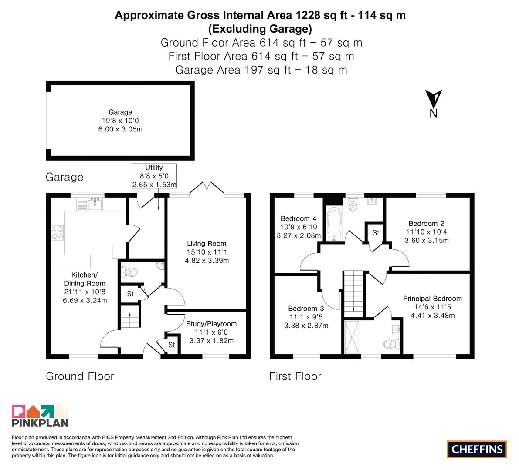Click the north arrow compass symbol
(x=433, y=104)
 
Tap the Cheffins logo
(x=477, y=449)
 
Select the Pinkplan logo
(x=40, y=416)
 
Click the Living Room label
(x=207, y=244)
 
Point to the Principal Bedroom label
(x=432, y=299)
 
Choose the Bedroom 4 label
(x=298, y=218)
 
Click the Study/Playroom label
(x=211, y=324)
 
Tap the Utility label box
(x=154, y=176)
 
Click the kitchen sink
(x=95, y=204)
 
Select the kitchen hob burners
(x=58, y=232)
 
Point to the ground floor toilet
(x=129, y=272)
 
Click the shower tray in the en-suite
(x=352, y=337)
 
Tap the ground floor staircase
(x=130, y=317)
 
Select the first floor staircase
(x=353, y=294)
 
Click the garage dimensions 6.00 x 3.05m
(x=120, y=129)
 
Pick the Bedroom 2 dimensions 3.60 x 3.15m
(x=427, y=240)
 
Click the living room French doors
(x=207, y=188)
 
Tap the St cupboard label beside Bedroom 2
(x=376, y=233)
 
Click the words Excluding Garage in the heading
(x=260, y=29)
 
